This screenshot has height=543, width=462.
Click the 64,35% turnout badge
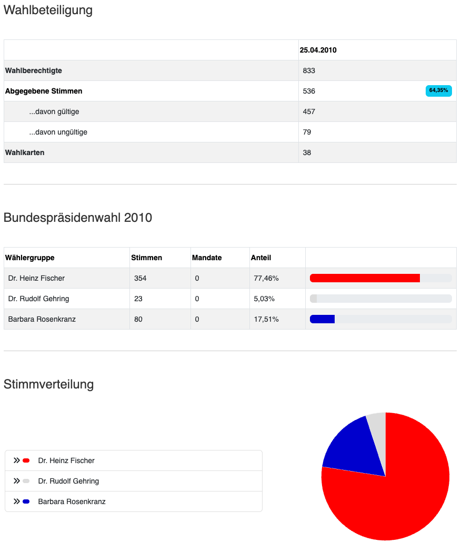[x=438, y=91]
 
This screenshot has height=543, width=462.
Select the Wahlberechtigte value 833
[x=309, y=70]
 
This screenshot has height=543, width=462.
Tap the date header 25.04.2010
[x=318, y=50]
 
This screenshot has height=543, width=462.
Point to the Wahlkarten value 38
[x=307, y=152]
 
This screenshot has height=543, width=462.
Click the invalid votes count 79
[x=307, y=132]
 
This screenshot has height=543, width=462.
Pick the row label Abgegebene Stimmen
[x=44, y=91]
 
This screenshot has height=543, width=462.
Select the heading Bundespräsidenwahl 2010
[x=78, y=218]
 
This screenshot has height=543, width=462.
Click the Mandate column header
[x=207, y=258]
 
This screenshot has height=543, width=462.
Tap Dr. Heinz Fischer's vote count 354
[x=140, y=278]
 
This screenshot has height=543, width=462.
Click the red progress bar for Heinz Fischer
[x=365, y=278]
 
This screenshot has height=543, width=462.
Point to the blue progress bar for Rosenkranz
[x=323, y=319]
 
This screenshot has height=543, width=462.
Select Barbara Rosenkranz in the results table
[x=42, y=319]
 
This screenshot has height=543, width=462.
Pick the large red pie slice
[x=395, y=494]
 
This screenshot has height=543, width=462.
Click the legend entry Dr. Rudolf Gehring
[x=68, y=481]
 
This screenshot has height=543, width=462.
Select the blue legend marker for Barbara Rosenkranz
[x=26, y=501]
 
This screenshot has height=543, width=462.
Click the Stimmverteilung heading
[x=48, y=384]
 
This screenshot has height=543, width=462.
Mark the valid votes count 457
[x=309, y=111]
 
